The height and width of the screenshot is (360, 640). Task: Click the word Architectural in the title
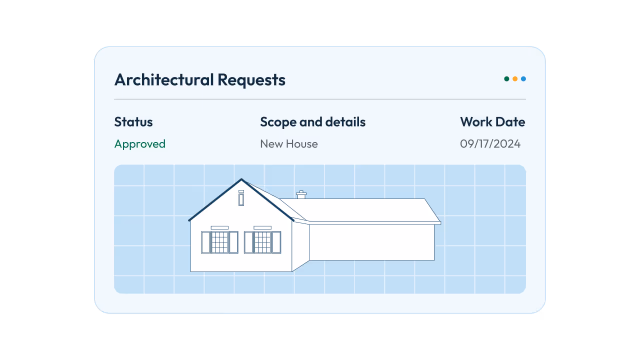coord(164,80)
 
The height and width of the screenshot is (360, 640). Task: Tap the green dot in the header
coord(506,79)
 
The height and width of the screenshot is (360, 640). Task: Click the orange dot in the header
coord(515,79)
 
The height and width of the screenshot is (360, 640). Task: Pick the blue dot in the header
coord(523,79)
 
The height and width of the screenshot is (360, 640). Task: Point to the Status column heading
coord(133,122)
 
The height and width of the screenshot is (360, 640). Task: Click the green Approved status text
coord(140,144)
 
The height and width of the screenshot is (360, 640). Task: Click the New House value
coord(289,144)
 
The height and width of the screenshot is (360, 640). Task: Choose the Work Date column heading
coord(492,122)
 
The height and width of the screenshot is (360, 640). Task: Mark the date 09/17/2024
coord(490,144)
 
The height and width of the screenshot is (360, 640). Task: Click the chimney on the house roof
coord(301,195)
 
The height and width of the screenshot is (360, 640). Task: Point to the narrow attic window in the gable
coord(241,198)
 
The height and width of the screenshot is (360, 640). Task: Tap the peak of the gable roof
coord(241,179)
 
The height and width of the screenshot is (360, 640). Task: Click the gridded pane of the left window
coord(219,242)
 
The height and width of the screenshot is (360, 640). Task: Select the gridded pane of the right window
coord(262,242)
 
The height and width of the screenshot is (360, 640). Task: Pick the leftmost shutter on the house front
coord(205,242)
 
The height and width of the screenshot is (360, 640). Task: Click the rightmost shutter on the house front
coord(276,242)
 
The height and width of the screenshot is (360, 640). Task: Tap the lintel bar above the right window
coord(262,227)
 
